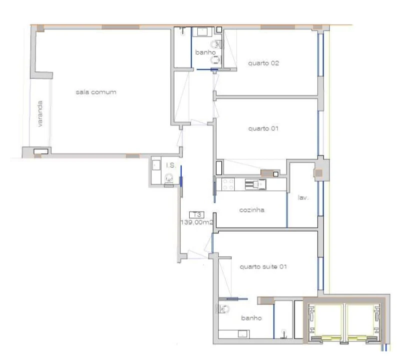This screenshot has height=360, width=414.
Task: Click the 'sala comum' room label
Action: pyautogui.click(x=96, y=92)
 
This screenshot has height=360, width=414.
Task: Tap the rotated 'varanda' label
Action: pyautogui.click(x=40, y=113)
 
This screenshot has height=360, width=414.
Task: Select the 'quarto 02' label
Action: pyautogui.click(x=263, y=63)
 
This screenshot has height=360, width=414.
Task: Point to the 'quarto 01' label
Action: pyautogui.click(x=263, y=128)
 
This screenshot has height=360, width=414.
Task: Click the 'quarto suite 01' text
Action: pyautogui.click(x=263, y=266)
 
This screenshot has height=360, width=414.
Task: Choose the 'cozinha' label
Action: pyautogui.click(x=252, y=210)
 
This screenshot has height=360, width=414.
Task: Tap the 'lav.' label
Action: pyautogui.click(x=303, y=197)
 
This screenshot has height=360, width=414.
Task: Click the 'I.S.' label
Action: pyautogui.click(x=171, y=165)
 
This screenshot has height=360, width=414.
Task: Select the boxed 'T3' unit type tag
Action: pyautogui.click(x=197, y=214)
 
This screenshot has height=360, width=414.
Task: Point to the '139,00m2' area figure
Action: pyautogui.click(x=197, y=222)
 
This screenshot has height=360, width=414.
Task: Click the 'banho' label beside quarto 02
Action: pyautogui.click(x=205, y=52)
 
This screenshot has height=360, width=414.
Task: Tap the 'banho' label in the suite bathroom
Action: pyautogui.click(x=251, y=318)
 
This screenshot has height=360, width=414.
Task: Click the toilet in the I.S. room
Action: pyautogui.click(x=169, y=179)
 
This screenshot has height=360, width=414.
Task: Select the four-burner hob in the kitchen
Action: pyautogui.click(x=228, y=184)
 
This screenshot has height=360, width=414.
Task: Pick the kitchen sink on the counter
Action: pyautogui.click(x=255, y=184)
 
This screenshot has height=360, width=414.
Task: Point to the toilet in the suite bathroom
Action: pyautogui.click(x=224, y=308)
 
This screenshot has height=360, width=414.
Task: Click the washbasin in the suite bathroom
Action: pyautogui.click(x=243, y=334)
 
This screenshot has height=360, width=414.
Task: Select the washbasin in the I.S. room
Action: pyautogui.click(x=156, y=165)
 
